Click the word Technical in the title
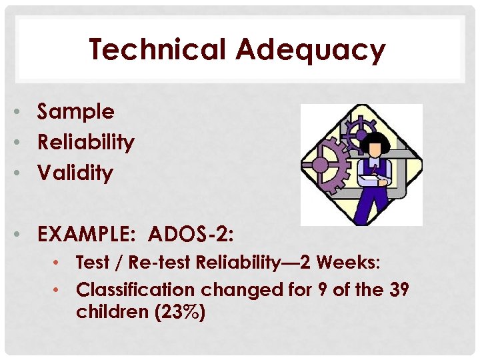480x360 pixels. (157, 50)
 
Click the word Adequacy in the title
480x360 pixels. (311, 51)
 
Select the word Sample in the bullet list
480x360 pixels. (76, 113)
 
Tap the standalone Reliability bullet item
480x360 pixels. (86, 143)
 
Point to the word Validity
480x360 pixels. (75, 173)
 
